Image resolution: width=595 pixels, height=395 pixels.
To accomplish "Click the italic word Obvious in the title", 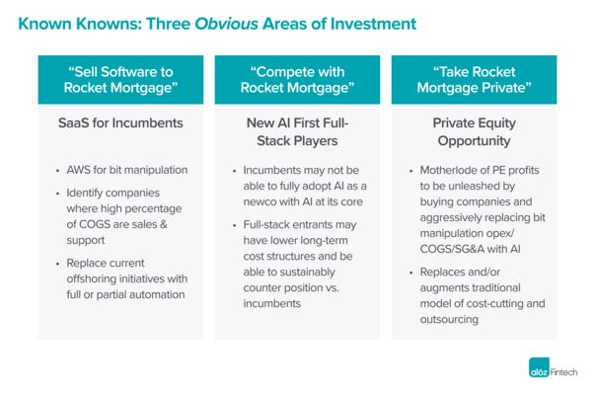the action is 227,24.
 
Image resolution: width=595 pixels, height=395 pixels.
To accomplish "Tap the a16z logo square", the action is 539,367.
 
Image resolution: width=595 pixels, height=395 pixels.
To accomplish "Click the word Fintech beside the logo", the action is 563,372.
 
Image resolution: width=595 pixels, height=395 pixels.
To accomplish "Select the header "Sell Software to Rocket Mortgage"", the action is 120,80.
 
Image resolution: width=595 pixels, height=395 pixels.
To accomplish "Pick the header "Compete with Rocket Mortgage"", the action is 297,80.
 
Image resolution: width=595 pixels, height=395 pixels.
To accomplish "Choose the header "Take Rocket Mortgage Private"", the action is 474,80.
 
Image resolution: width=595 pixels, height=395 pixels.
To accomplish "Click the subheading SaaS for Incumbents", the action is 120,123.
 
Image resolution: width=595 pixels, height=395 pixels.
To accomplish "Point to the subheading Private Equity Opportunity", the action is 474,131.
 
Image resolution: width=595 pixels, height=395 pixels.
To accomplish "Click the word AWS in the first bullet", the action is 78,170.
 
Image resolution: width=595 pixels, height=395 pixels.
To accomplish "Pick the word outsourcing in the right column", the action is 449,319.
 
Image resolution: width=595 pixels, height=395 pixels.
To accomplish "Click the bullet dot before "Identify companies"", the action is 57,194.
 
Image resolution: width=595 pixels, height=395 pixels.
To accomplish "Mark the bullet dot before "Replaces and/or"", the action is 410,273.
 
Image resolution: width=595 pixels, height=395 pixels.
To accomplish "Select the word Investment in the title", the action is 373,24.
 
